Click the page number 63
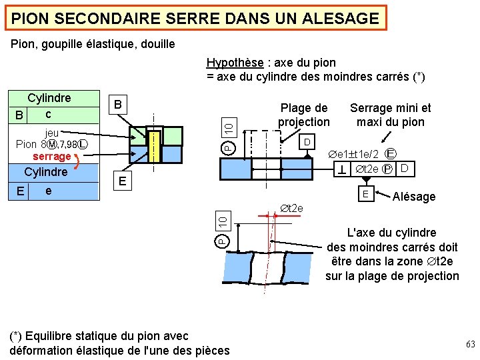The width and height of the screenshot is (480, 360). [471, 345]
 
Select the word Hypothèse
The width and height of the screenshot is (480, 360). [234, 63]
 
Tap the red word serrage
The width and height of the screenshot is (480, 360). [51, 156]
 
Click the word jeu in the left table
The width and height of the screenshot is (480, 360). [51, 132]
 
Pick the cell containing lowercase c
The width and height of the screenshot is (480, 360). [48, 114]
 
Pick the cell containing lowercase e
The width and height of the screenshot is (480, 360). [48, 191]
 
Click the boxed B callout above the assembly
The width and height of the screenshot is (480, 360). [118, 105]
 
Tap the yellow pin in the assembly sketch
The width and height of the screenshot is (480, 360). [154, 145]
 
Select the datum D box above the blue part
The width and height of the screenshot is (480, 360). [307, 143]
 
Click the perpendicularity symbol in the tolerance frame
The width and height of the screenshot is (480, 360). [341, 171]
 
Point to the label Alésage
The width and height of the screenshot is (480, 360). [413, 197]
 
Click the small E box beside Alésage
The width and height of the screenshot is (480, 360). [365, 194]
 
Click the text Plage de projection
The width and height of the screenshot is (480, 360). [304, 115]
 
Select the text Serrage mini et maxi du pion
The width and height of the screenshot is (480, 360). [390, 115]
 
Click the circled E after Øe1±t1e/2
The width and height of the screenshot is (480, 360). [392, 154]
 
